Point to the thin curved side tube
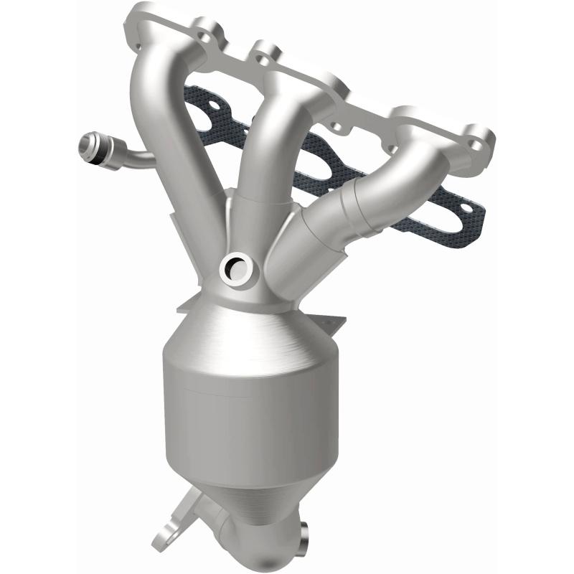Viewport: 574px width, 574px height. coord(133,156)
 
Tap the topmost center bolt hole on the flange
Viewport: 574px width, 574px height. coord(267,52)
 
